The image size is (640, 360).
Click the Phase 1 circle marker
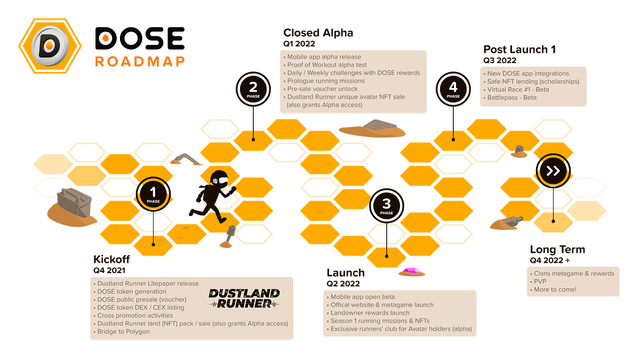coord(153,194)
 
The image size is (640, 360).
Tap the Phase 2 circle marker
coord(253,89)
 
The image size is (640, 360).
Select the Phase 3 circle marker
coord(387,205)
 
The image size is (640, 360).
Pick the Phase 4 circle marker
coord(453,89)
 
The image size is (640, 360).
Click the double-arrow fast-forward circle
coord(553,171)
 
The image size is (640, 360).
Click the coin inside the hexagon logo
coord(50,46)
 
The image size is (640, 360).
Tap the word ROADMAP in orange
coord(140,61)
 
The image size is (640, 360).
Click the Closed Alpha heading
coord(318,33)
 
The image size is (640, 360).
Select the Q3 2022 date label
coord(500,60)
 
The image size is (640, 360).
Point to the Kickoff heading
coord(111,259)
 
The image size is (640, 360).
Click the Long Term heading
coord(557,250)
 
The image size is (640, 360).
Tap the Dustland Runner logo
coord(244,299)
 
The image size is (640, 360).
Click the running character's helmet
coord(219,178)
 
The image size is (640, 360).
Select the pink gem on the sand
coord(411,270)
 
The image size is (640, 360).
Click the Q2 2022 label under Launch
coord(343,284)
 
